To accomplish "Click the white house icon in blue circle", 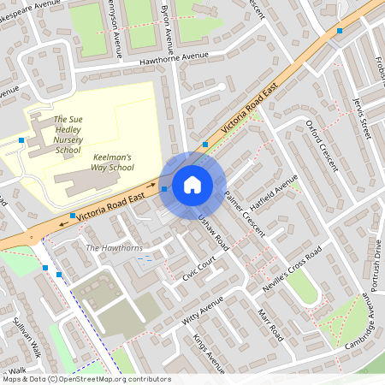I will click(192, 185).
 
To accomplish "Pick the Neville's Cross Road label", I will click(292, 271).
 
